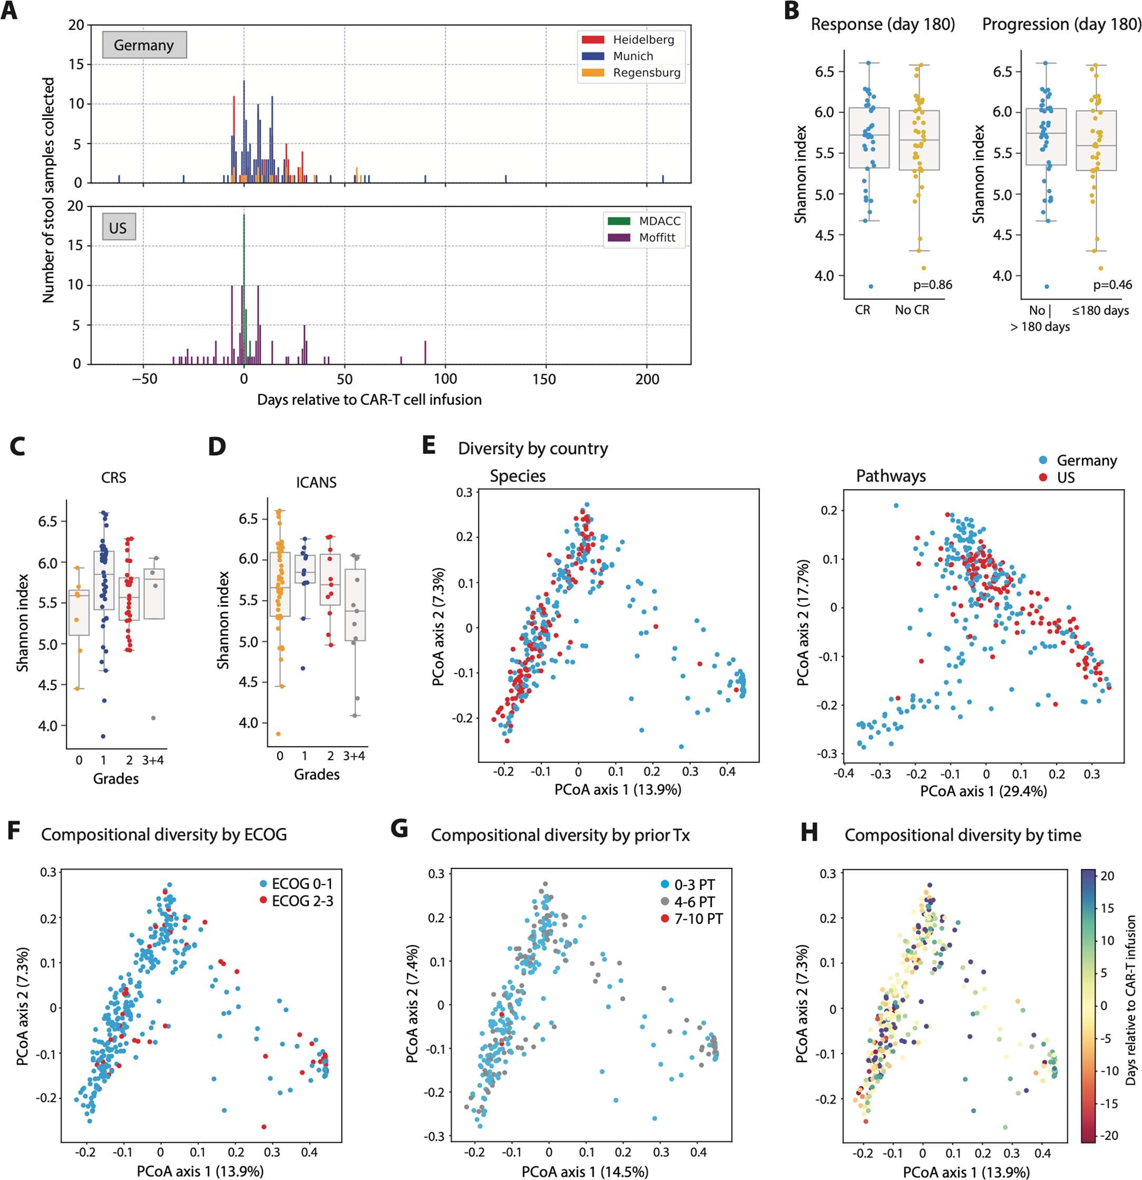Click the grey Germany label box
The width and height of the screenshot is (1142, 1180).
[144, 45]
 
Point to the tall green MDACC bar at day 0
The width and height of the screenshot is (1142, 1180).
[244, 271]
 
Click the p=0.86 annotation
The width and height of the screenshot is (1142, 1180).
[932, 285]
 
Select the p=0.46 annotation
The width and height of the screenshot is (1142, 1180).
[1112, 285]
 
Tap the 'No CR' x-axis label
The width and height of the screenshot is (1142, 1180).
[912, 311]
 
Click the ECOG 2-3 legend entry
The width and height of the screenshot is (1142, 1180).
[302, 901]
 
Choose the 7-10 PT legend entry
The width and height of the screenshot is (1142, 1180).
[697, 918]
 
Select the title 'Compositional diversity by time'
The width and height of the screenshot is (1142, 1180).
[963, 835]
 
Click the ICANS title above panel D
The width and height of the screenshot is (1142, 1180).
[316, 482]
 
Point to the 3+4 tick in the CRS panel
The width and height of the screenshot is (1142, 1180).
[153, 760]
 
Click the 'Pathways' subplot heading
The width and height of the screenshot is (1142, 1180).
[891, 476]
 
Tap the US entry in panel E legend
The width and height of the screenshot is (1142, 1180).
[1065, 478]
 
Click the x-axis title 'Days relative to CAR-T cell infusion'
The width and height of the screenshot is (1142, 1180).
[369, 400]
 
